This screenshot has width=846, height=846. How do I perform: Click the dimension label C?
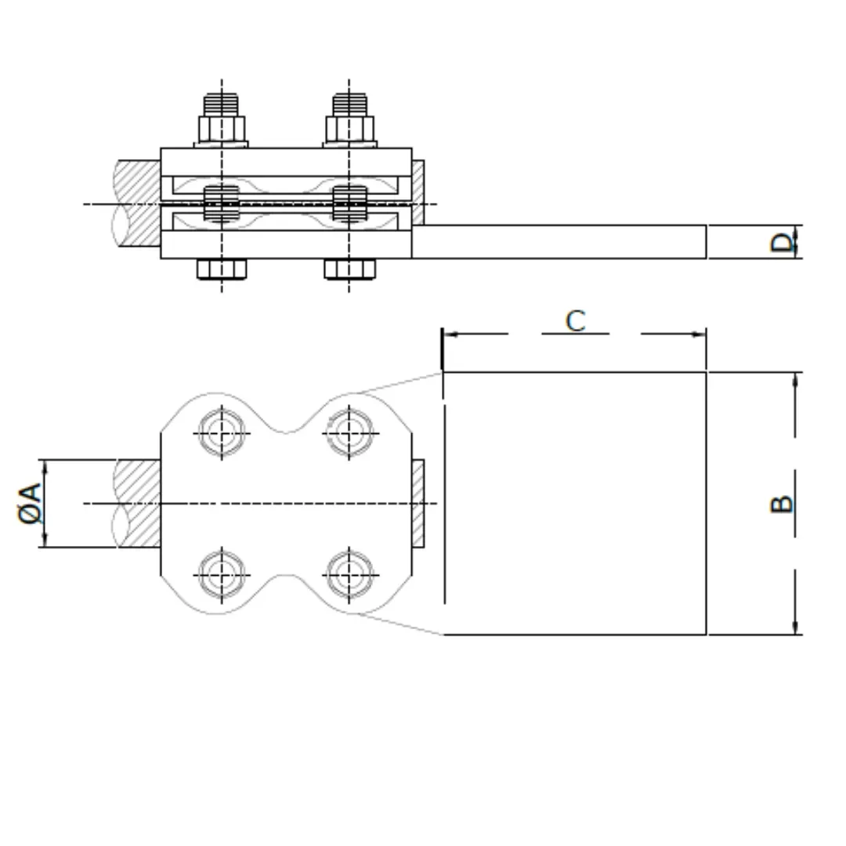[x=576, y=321]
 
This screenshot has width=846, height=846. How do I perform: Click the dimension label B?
[x=782, y=504]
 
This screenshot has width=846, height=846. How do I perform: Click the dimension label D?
[x=782, y=242]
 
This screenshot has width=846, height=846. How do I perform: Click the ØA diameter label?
[x=29, y=503]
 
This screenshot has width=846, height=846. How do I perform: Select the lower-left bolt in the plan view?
[x=222, y=574]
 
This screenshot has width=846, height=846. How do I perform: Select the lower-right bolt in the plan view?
[x=349, y=574]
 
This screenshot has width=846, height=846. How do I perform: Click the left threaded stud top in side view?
[x=222, y=104]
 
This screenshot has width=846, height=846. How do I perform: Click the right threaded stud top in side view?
[x=349, y=104]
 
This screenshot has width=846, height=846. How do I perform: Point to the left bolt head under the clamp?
[x=222, y=269]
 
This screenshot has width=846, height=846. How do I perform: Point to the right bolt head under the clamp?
[x=349, y=269]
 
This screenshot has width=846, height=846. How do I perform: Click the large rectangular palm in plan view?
[x=575, y=503]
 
